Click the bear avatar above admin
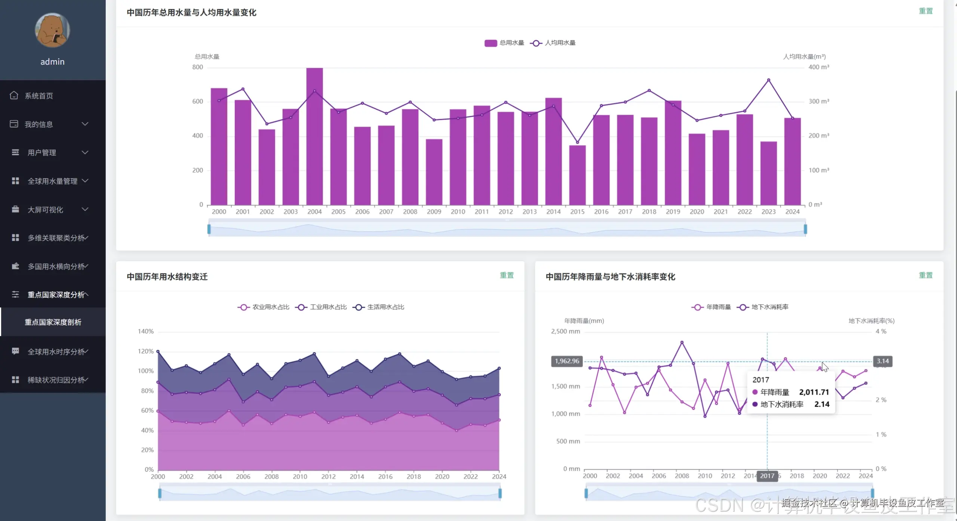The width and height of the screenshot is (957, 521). point(52,30)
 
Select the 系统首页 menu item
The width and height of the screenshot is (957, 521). point(39,96)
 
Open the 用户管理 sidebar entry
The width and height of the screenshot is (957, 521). point(41,152)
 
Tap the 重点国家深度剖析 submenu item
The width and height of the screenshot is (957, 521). point(53,322)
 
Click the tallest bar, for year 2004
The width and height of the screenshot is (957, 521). point(314,136)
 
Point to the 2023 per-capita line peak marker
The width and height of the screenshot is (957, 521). point(769,80)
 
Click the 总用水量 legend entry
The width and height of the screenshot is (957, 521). point(504,43)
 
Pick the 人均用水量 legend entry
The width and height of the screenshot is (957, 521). point(553,43)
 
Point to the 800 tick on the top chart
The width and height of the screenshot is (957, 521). point(197,67)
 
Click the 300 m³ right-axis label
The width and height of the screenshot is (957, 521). point(819,101)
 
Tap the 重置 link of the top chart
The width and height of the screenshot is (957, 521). point(926,11)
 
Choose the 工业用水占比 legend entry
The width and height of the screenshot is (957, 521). point(321,307)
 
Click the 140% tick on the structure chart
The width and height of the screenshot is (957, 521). point(145,331)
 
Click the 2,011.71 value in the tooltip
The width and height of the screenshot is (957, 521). point(814,392)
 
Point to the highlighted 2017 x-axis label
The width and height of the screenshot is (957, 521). point(767,476)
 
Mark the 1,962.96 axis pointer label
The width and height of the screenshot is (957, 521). point(567,361)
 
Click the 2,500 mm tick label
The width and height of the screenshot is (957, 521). point(565,331)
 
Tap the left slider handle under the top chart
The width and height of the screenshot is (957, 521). point(209,229)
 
